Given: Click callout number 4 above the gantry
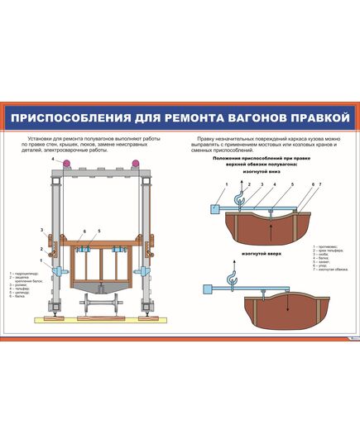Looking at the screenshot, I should pos(51,158).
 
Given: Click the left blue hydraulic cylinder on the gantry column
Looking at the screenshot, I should pos(59,272).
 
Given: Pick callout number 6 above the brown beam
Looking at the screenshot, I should pos(84,232).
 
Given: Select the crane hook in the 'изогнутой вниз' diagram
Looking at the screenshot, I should pos(239,198).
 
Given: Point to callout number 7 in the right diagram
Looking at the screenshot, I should pos(319,184).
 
